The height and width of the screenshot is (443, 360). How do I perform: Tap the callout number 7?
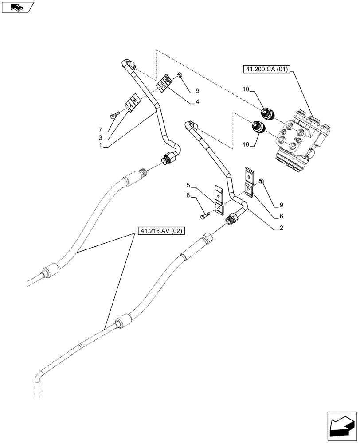(x=101, y=130)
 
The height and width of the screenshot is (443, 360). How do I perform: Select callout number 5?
(x=188, y=185)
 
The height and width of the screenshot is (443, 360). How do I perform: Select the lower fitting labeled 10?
(x=258, y=128)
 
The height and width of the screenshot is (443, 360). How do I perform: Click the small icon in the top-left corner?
(x=17, y=7)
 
